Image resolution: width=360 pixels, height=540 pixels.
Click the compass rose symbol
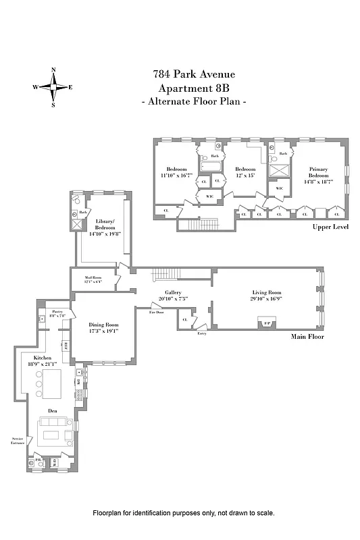click(x=54, y=87)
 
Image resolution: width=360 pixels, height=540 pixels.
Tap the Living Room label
click(x=265, y=293)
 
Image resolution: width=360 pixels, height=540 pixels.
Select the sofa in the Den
click(x=55, y=430)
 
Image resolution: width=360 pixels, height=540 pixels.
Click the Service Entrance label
click(x=17, y=441)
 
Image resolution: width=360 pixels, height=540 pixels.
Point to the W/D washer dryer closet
click(x=54, y=462)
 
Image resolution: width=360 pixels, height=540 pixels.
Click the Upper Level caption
click(x=330, y=227)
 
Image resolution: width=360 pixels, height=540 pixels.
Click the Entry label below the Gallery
click(x=201, y=333)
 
